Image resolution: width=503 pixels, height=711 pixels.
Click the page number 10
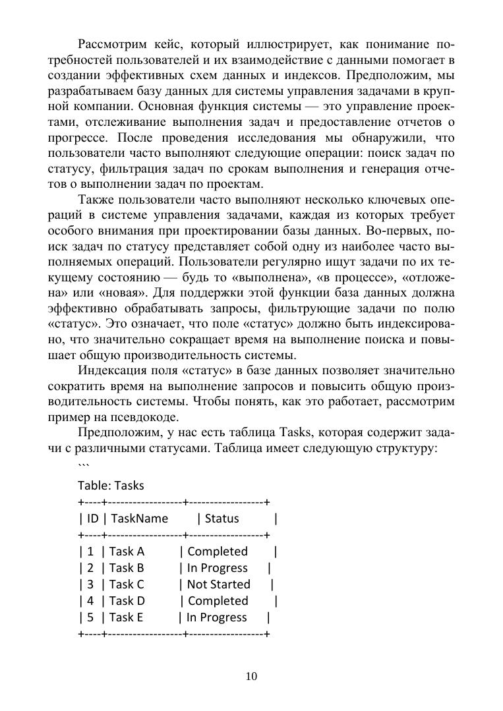pos(251,676)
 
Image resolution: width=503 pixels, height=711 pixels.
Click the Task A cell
pos(127,552)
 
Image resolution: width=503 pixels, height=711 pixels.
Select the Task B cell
pos(127,568)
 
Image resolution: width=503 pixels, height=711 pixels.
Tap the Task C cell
pos(127,584)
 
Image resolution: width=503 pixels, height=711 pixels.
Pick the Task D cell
pos(127,601)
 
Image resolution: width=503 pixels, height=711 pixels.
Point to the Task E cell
pos(127,617)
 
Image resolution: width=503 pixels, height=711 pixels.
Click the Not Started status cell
pos(219,584)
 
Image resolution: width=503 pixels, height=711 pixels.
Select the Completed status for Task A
pos(218,552)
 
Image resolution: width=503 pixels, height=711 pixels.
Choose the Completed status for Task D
pos(218,601)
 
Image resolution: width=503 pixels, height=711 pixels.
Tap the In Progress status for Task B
pos(218,568)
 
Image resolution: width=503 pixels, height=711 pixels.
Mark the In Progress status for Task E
pos(217,617)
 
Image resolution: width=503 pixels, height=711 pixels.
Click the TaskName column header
pos(140,519)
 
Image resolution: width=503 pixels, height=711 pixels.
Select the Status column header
pos(222,519)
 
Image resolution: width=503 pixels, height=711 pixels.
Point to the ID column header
pos(92,519)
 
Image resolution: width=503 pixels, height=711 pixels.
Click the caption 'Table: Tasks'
pos(111,486)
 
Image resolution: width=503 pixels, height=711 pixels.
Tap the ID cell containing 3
pos(90,584)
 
